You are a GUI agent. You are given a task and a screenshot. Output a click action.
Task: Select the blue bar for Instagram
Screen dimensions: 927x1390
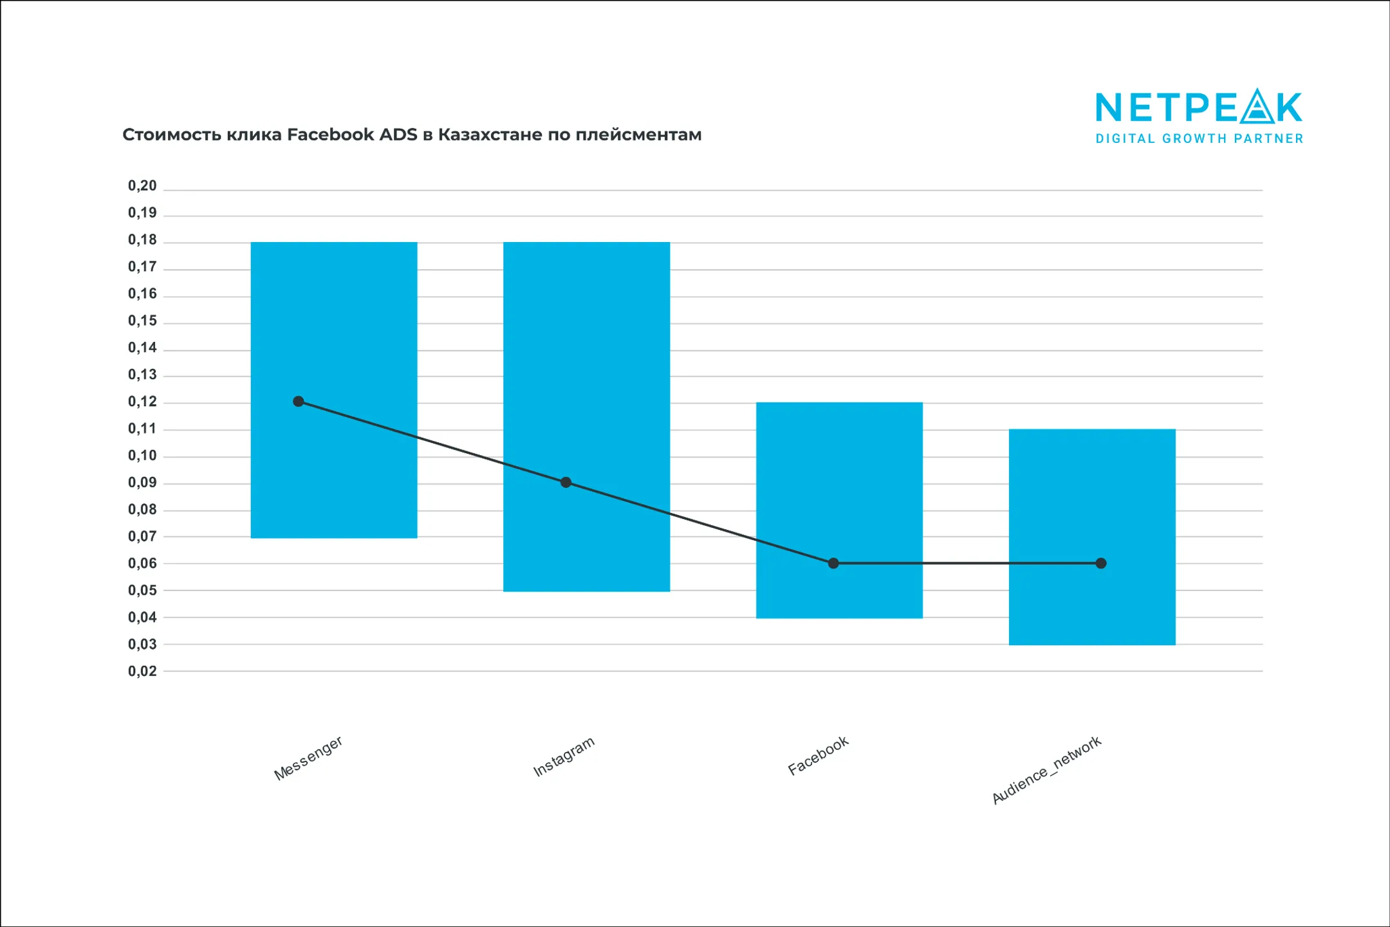(586, 360)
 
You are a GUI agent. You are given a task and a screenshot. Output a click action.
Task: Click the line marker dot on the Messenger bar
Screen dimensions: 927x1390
(299, 402)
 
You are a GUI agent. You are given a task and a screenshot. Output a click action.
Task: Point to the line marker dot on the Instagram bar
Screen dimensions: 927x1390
(566, 482)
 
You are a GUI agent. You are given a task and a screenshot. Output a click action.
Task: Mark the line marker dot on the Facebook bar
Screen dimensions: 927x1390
(833, 563)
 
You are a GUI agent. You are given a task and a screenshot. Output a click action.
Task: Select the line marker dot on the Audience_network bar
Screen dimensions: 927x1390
(1101, 563)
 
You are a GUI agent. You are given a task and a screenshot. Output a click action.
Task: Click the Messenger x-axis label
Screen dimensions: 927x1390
(308, 758)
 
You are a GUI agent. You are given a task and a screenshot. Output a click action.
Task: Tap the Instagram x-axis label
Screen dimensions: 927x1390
(564, 756)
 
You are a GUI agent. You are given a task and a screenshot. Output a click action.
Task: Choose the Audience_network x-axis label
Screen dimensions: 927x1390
(1046, 770)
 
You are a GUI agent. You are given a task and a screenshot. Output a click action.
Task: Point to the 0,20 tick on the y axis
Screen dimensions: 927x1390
(142, 186)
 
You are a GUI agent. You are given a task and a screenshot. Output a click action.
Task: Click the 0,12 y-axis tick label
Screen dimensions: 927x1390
(142, 402)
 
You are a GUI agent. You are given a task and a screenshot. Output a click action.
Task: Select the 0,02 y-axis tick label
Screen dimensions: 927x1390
(142, 671)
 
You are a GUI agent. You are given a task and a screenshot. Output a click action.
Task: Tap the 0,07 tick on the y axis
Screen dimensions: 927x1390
(142, 536)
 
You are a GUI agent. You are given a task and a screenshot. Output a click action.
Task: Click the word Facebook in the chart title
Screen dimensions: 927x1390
(330, 135)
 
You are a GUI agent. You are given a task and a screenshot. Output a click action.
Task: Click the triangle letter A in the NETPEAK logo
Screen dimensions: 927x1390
(1257, 107)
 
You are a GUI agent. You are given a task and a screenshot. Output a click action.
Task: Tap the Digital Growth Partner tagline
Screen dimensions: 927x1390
(1200, 138)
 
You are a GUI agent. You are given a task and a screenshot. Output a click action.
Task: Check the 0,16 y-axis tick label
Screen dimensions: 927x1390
(142, 294)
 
